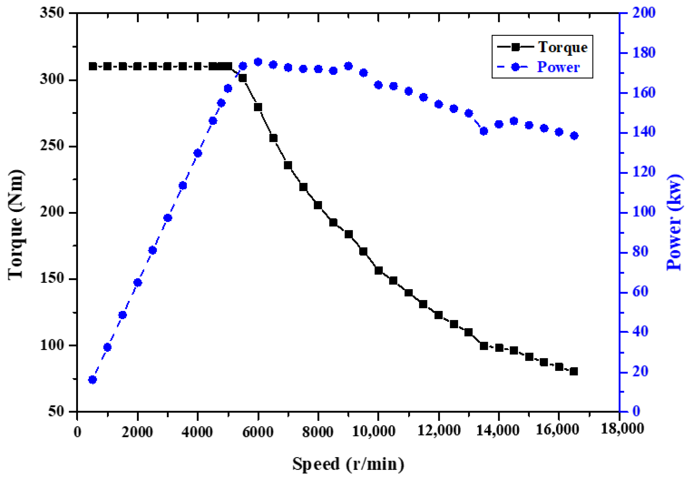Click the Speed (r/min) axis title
(x=348, y=464)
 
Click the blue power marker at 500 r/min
(x=92, y=380)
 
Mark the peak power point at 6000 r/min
(x=258, y=62)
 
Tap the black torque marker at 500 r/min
(x=92, y=66)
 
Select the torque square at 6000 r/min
(x=258, y=107)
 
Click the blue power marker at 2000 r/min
(x=137, y=283)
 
